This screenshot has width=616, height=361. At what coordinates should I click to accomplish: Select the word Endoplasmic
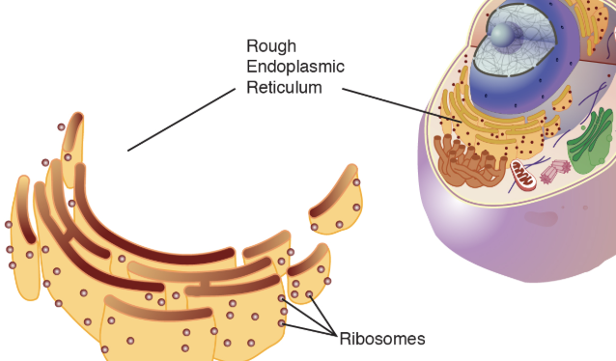pyautogui.click(x=294, y=66)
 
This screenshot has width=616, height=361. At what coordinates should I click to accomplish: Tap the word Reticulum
pyautogui.click(x=284, y=87)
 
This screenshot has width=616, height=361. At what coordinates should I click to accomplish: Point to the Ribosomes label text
pyautogui.click(x=381, y=339)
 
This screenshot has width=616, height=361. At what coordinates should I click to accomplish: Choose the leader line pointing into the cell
pyautogui.click(x=396, y=104)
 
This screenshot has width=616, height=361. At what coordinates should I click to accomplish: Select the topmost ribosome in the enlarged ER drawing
pyautogui.click(x=62, y=127)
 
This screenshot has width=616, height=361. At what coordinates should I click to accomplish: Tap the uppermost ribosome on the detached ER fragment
pyautogui.click(x=356, y=182)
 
